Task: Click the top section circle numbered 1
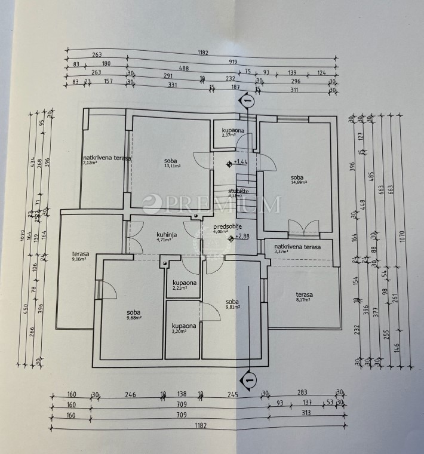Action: click(248, 102)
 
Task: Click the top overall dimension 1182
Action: click(202, 53)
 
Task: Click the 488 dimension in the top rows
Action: click(184, 69)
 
